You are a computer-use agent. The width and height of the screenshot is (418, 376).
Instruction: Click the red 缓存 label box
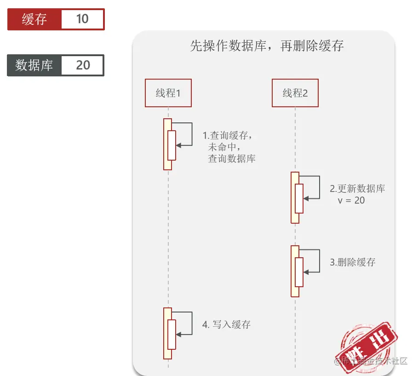coord(34,19)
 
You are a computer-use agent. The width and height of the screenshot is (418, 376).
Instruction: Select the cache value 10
coord(82,19)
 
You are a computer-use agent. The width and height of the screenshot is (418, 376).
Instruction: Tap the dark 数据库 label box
coord(34,65)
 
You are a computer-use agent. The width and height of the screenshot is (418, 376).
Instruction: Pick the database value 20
coord(83,65)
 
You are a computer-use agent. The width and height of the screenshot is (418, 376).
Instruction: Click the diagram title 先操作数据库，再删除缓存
coord(267,46)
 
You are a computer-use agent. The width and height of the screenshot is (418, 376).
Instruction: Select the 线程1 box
coord(168,93)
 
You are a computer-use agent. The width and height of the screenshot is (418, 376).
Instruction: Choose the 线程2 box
coord(295,93)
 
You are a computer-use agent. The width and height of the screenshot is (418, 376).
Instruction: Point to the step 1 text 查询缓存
coord(229,136)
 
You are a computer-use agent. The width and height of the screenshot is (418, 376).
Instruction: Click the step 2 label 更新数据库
coord(358,189)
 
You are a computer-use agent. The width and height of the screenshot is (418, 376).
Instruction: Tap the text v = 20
coord(351,200)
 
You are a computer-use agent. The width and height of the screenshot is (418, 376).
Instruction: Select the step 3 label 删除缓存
coord(353,262)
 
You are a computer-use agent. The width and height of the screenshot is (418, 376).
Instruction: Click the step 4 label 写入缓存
coord(227,324)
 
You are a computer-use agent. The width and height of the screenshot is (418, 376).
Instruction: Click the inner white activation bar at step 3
coord(299,272)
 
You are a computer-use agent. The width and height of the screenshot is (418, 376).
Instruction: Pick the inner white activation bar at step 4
coord(172,334)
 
